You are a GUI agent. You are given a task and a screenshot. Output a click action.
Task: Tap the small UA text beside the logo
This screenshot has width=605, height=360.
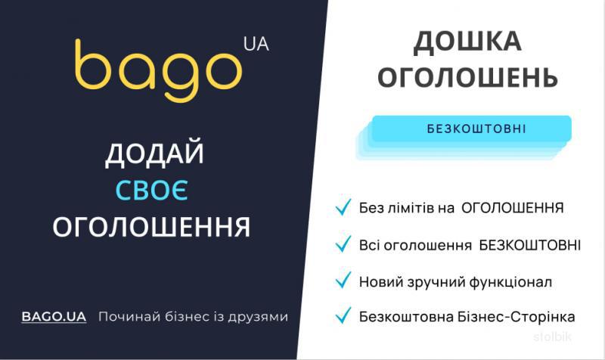coord(256,44)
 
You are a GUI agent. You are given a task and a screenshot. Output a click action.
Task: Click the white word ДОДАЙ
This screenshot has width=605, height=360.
coord(154,154)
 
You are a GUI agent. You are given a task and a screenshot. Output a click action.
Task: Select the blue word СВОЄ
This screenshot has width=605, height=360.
coord(152,190)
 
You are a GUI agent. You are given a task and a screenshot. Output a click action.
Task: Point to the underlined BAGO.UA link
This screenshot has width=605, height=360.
coord(54,317)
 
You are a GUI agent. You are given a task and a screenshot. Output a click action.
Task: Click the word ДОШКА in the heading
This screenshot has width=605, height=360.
coord(467,42)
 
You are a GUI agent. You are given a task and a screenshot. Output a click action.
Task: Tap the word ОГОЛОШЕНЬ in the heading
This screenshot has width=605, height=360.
coord(467,77)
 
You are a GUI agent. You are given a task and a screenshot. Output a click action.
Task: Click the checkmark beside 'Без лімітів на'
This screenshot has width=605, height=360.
coord(343,206)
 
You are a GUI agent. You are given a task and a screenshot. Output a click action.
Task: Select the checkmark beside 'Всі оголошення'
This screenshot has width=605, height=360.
coord(343,244)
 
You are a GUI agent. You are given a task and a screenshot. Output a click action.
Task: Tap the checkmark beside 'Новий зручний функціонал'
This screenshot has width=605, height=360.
coord(343,280)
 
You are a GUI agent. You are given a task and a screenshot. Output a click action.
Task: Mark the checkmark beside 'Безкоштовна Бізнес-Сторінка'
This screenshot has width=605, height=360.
coord(343,315)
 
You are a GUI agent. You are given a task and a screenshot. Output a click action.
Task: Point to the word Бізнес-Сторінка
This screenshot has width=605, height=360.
coord(516,317)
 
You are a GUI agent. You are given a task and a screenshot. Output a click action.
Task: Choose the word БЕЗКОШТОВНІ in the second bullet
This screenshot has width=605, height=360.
coord(530,245)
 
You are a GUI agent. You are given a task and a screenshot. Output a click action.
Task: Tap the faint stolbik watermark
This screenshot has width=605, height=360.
coord(553,337)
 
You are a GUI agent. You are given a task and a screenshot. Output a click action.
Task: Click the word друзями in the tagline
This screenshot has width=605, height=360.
coord(258,317)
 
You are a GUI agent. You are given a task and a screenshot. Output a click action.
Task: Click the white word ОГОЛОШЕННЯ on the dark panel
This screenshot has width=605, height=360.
coord(152,226)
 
